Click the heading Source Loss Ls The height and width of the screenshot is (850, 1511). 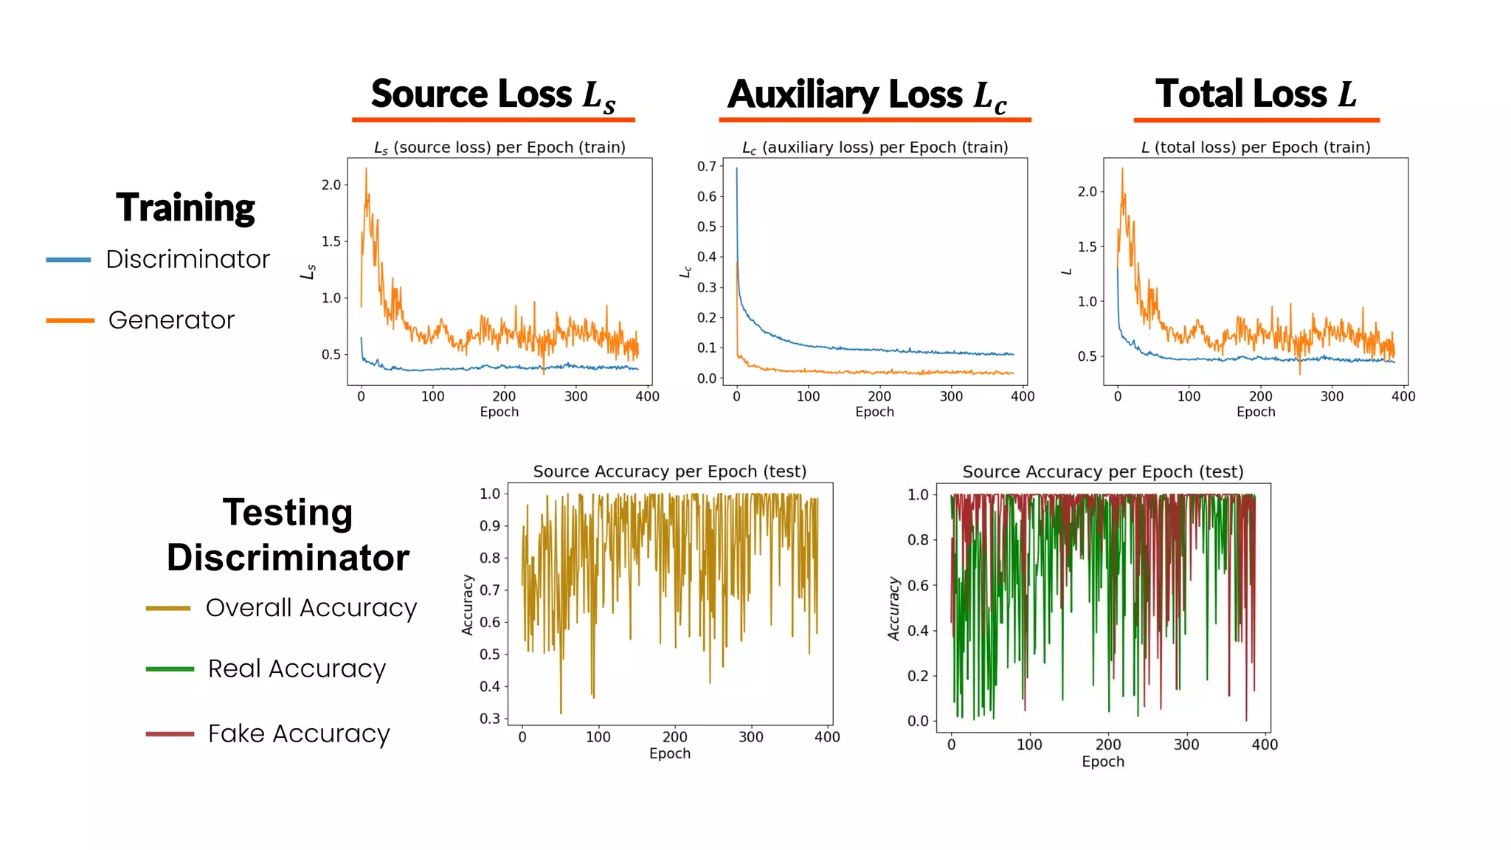click(493, 95)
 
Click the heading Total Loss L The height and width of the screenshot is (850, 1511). click(1256, 94)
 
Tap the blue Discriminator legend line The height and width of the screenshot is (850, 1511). click(68, 260)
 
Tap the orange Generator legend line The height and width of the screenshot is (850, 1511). click(69, 320)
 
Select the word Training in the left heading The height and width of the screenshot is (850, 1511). click(185, 207)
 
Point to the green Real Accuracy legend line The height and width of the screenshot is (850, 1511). click(170, 669)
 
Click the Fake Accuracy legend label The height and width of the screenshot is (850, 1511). click(298, 733)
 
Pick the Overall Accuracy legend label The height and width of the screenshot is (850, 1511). click(311, 608)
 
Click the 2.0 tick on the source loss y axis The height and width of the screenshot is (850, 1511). click(331, 185)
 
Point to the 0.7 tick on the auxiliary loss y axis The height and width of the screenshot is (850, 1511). click(706, 166)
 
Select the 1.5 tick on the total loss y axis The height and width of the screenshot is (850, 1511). click(1087, 246)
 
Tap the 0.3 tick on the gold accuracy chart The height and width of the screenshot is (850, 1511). click(489, 719)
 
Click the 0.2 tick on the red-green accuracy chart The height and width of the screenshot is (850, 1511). click(917, 676)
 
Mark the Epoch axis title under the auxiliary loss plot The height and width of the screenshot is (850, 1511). click(874, 412)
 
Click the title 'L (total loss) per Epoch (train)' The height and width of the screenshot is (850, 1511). click(1256, 148)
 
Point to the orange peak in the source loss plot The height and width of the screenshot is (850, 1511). click(366, 170)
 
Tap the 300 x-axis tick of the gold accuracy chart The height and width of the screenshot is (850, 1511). click(750, 736)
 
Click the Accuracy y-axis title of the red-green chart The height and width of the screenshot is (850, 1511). click(894, 608)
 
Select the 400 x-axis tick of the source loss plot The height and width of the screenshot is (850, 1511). click(647, 396)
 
